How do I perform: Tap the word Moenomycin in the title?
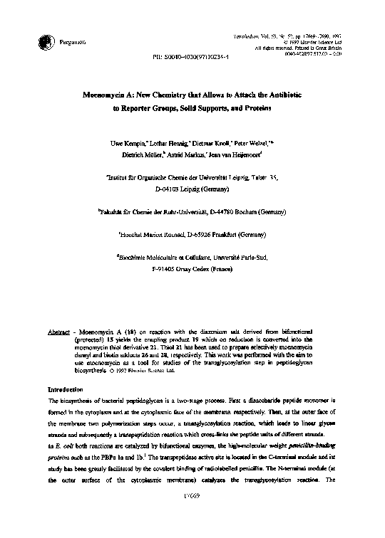tap(107, 93)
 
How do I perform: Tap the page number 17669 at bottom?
tap(193, 514)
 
